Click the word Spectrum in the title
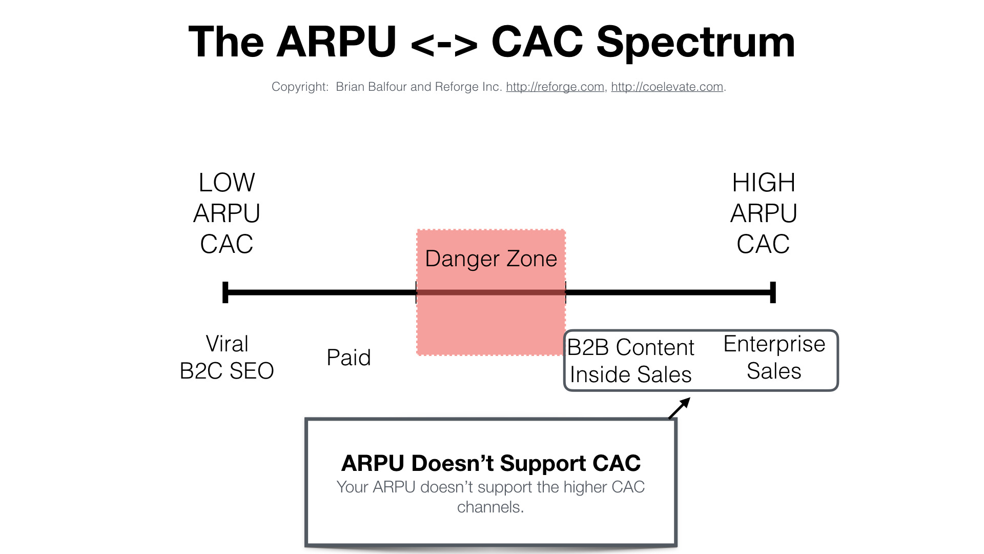[x=695, y=43]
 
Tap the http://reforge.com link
[x=555, y=87]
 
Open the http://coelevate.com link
[x=667, y=87]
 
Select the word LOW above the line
[x=227, y=183]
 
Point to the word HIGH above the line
[x=764, y=183]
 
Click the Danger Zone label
[x=491, y=259]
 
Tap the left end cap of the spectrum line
[x=225, y=292]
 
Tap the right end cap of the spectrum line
[x=773, y=292]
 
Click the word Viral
[x=227, y=344]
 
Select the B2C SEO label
[x=227, y=371]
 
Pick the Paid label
[x=348, y=358]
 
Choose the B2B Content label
[x=631, y=347]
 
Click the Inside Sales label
[x=631, y=374]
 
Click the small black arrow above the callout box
[x=680, y=408]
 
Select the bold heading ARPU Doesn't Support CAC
[x=491, y=463]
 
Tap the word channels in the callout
[x=490, y=507]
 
